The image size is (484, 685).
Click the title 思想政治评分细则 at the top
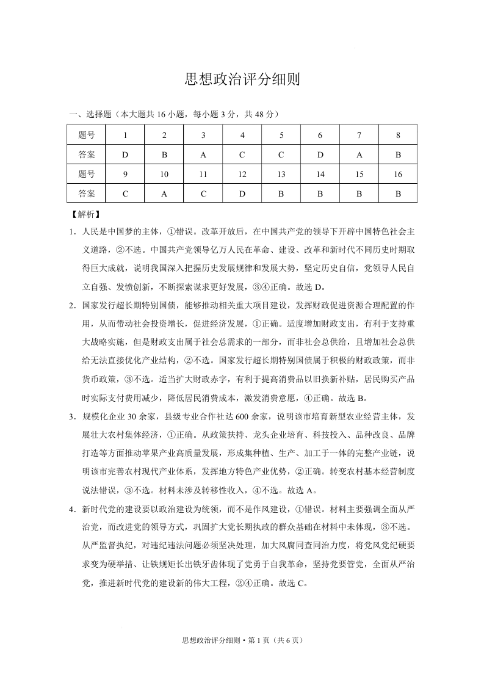(x=242, y=80)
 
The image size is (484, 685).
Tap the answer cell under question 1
(x=125, y=155)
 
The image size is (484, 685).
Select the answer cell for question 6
(x=320, y=155)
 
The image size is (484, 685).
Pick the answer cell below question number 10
(x=164, y=194)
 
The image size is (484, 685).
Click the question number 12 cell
(x=242, y=175)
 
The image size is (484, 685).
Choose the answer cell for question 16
(x=398, y=194)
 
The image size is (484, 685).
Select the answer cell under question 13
(x=281, y=194)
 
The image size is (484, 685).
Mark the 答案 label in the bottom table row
(x=87, y=194)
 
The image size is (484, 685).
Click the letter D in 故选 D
(x=321, y=287)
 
